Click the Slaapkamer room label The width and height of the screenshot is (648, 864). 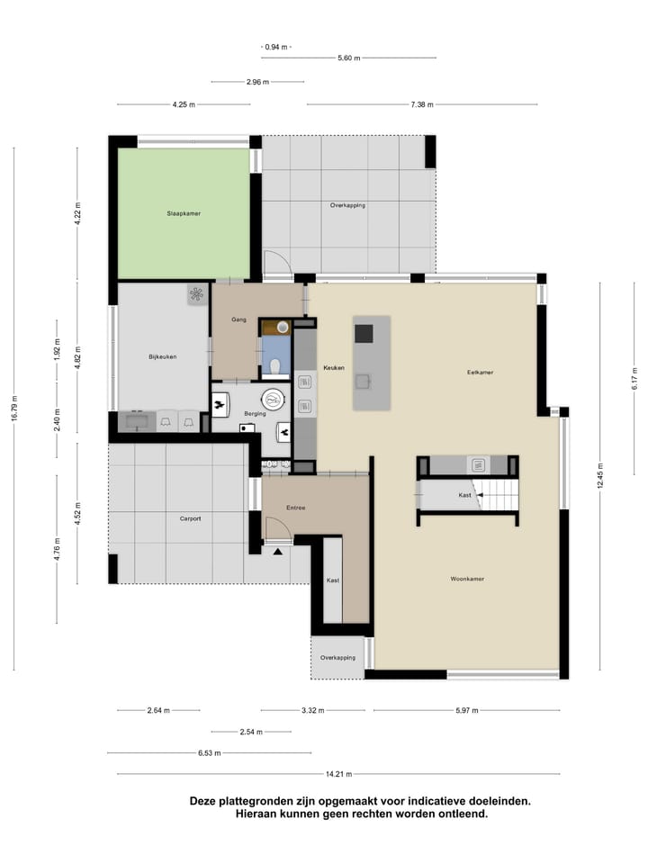pyautogui.click(x=183, y=214)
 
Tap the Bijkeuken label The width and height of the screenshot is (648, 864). pyautogui.click(x=162, y=357)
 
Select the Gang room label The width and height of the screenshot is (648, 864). pyautogui.click(x=238, y=319)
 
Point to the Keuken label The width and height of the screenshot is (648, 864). pyautogui.click(x=334, y=367)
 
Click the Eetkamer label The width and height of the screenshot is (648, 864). pyautogui.click(x=480, y=372)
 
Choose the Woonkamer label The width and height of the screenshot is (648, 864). pyautogui.click(x=467, y=579)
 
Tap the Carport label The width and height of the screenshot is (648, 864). pyautogui.click(x=190, y=518)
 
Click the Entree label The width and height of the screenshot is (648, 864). pyautogui.click(x=296, y=508)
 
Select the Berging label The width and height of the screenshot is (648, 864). pyautogui.click(x=254, y=414)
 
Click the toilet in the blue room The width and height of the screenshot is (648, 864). pyautogui.click(x=275, y=365)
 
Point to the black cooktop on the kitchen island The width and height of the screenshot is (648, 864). pyautogui.click(x=364, y=333)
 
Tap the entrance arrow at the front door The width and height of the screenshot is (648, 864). pyautogui.click(x=278, y=551)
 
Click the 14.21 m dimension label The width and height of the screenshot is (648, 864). pyautogui.click(x=338, y=774)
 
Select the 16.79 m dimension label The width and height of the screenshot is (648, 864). pyautogui.click(x=14, y=409)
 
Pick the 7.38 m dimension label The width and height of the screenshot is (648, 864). pyautogui.click(x=421, y=104)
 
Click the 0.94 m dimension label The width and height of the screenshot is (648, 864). pyautogui.click(x=276, y=47)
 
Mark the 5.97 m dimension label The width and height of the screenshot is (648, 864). pyautogui.click(x=465, y=710)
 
